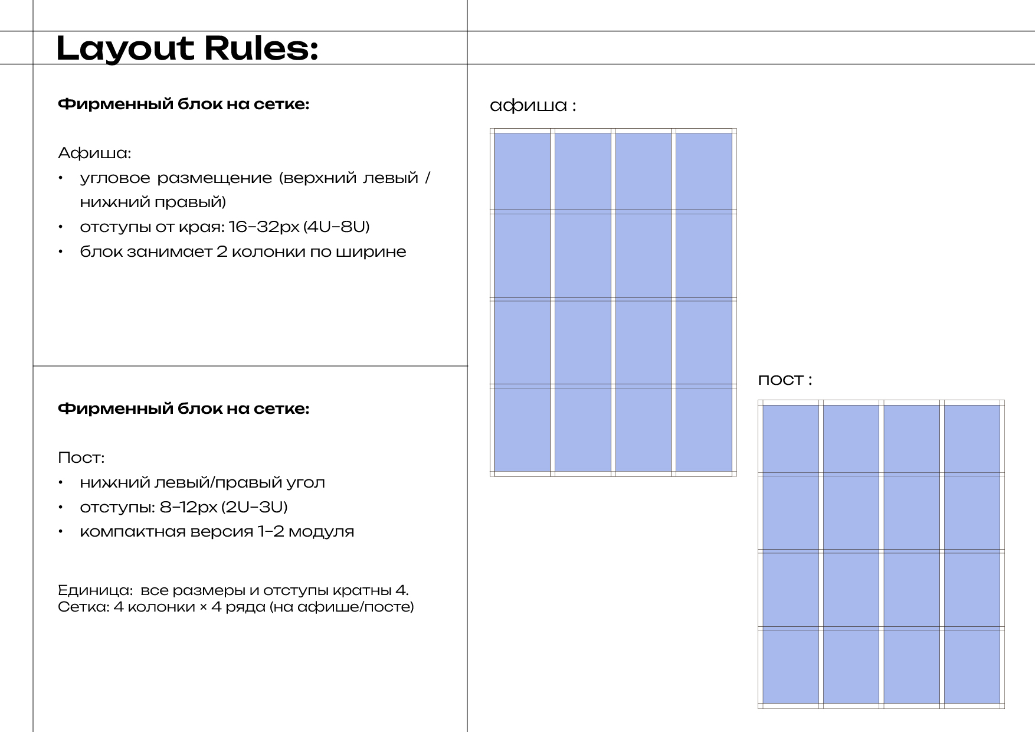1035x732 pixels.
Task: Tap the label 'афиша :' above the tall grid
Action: pos(533,106)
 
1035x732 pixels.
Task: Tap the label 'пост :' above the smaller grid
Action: pos(785,380)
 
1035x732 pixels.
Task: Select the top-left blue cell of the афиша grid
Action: pos(522,171)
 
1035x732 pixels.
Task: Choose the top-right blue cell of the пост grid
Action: pos(972,439)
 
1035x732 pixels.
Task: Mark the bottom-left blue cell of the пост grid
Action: pos(791,666)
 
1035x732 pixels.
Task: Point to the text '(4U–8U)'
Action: pos(336,227)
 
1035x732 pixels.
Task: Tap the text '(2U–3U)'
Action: pos(254,507)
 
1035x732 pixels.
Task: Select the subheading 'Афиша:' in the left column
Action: pos(94,153)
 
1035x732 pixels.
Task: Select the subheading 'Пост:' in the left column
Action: pos(81,457)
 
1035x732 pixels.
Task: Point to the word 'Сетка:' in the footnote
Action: pos(83,607)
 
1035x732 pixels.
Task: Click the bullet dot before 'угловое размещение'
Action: pos(60,178)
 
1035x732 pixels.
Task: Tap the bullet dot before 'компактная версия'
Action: pos(60,532)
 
